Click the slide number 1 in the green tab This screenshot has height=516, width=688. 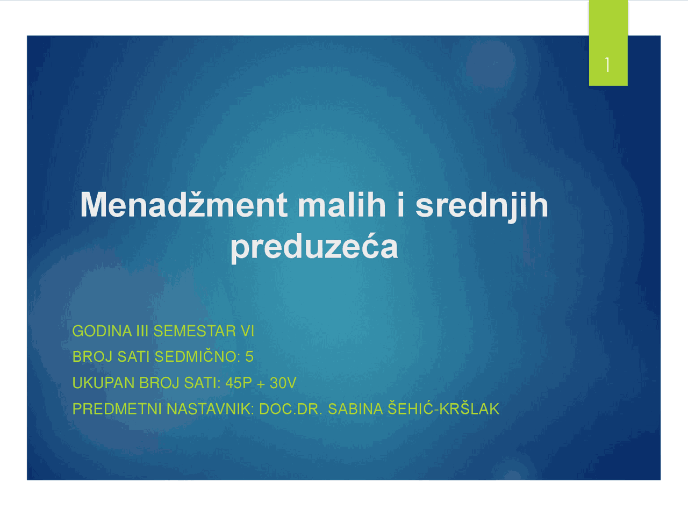click(x=607, y=65)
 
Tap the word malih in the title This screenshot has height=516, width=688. click(x=341, y=205)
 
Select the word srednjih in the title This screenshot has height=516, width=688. click(x=482, y=206)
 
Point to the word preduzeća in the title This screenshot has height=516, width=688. click(x=314, y=247)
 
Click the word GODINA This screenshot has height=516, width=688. click(x=102, y=331)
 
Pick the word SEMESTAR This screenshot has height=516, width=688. click(x=195, y=331)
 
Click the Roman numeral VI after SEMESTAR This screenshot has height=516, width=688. click(x=247, y=331)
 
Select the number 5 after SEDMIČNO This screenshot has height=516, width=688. click(x=249, y=357)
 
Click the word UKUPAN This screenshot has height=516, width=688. click(x=103, y=383)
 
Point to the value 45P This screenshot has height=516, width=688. click(x=239, y=383)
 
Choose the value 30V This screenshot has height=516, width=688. click(x=283, y=383)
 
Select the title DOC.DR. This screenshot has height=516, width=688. click(x=291, y=409)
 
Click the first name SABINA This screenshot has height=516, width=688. click(x=355, y=409)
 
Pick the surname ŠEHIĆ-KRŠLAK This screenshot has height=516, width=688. click(x=443, y=409)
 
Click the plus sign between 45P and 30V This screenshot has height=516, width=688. click(x=261, y=384)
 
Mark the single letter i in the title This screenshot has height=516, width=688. click(x=400, y=205)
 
